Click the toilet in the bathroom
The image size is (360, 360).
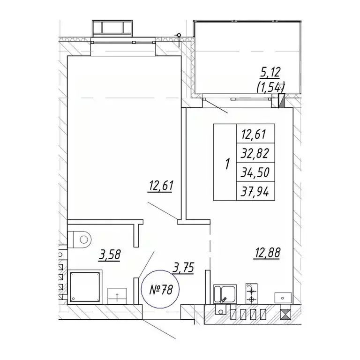[x=79, y=240]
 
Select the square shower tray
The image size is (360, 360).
[x=85, y=287]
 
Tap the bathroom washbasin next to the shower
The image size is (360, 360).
[x=117, y=296]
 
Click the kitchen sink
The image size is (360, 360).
[x=225, y=294]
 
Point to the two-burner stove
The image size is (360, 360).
[x=252, y=293]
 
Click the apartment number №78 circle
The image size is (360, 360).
[x=161, y=289]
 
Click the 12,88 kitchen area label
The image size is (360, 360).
[x=267, y=253]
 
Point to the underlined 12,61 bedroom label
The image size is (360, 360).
[x=160, y=186]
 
